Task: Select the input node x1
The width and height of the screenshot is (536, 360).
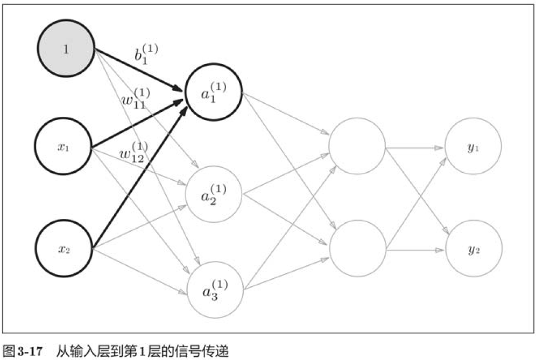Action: [x=64, y=147]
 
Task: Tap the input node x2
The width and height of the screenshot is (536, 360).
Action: [x=64, y=249]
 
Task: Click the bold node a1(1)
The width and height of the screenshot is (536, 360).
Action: [x=214, y=93]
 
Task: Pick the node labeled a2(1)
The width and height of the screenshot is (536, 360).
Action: [x=214, y=195]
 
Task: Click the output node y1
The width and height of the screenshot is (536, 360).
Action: [x=473, y=147]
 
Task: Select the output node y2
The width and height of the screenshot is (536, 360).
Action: [x=473, y=249]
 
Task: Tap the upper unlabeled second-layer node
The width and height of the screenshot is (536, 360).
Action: [x=357, y=147]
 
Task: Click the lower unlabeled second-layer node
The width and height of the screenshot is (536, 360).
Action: [x=357, y=249]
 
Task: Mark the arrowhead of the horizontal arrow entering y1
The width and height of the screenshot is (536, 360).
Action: [x=441, y=147]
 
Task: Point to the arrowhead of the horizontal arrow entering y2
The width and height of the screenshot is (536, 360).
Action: [x=441, y=250]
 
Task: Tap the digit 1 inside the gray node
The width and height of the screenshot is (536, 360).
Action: [x=66, y=50]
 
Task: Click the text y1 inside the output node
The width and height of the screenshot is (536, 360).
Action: [x=473, y=147]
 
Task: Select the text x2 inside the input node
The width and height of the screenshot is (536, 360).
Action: [x=64, y=250]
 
